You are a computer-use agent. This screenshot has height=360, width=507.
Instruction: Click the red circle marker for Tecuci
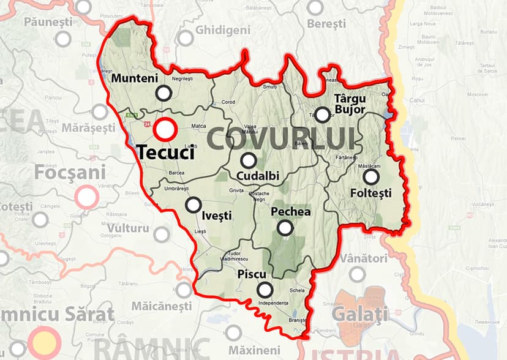tap(165, 130)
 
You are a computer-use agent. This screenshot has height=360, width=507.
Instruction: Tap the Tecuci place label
tap(165, 152)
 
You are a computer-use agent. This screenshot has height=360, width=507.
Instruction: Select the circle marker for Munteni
tap(163, 93)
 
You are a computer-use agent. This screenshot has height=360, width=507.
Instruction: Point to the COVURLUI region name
tap(281, 139)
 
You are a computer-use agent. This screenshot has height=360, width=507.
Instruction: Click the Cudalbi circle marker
tap(248, 160)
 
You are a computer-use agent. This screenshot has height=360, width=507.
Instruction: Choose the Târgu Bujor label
tap(350, 103)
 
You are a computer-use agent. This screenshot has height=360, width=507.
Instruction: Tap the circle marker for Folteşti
tap(370, 177)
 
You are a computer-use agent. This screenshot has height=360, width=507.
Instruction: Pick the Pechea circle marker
tap(285, 228)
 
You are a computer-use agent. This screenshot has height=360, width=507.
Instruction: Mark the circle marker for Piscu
tap(265, 290)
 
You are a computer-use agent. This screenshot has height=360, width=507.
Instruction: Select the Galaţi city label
tap(359, 314)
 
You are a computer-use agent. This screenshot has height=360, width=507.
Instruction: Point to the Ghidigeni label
tap(223, 30)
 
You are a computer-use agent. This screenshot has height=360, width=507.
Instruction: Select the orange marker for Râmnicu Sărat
tap(44, 340)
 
